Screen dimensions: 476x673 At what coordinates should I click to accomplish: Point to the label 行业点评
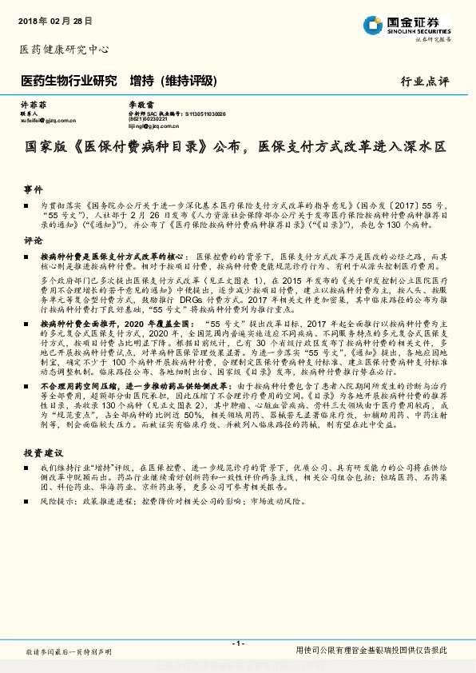click(x=425, y=82)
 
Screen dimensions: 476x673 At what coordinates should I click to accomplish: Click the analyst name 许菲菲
click(x=30, y=105)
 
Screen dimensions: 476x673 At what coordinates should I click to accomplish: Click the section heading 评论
click(x=32, y=240)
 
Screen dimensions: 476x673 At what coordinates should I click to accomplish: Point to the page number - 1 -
click(x=238, y=643)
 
